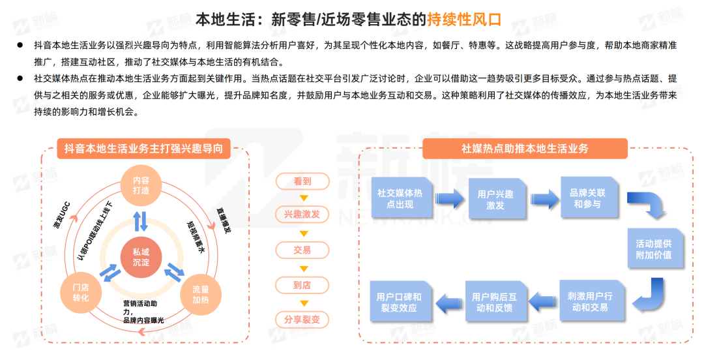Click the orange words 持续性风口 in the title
(x=464, y=20)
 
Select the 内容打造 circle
(x=141, y=185)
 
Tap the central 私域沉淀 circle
(x=141, y=257)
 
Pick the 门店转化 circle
(x=81, y=293)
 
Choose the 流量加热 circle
(x=201, y=294)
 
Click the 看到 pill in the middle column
(x=302, y=181)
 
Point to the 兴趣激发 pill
(x=302, y=215)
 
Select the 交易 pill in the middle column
(x=302, y=250)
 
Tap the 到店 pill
(x=302, y=285)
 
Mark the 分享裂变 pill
(x=302, y=320)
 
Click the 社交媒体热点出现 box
(x=401, y=198)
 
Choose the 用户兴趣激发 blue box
(x=496, y=199)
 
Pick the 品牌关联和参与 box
(x=589, y=198)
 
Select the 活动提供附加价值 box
(x=655, y=248)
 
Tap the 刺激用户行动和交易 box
(x=591, y=301)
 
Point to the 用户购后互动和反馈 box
(x=495, y=301)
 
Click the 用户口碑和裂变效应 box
(x=400, y=301)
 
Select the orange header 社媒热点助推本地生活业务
(x=525, y=149)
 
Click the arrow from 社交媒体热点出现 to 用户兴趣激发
(x=450, y=199)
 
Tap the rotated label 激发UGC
(x=62, y=216)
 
